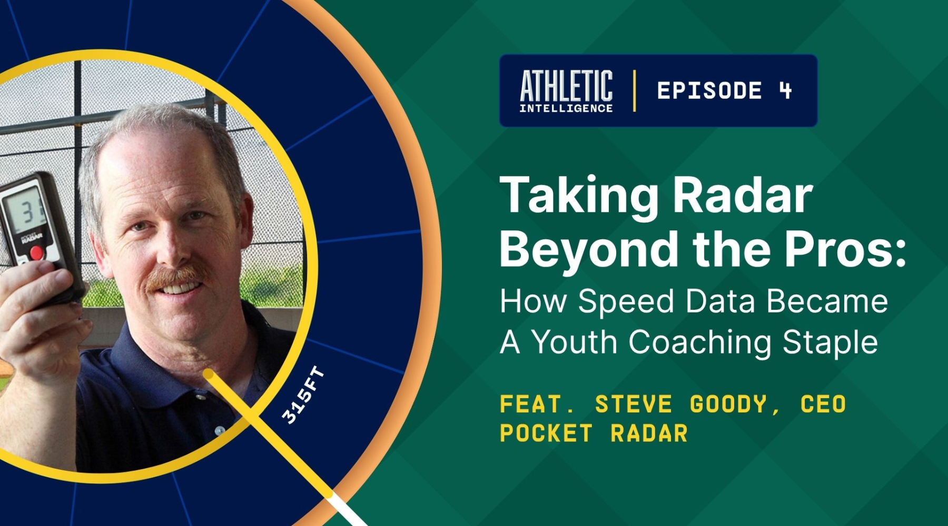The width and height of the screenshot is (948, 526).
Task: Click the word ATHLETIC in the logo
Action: coord(566,86)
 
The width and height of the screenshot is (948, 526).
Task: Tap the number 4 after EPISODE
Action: coord(785,90)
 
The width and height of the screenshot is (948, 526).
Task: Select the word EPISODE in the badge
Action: coord(709,90)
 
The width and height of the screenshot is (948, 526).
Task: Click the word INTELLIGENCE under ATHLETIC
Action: coord(566,108)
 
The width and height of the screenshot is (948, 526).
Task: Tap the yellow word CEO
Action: coord(823,404)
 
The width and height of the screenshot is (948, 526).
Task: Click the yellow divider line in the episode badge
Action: coord(634,90)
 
